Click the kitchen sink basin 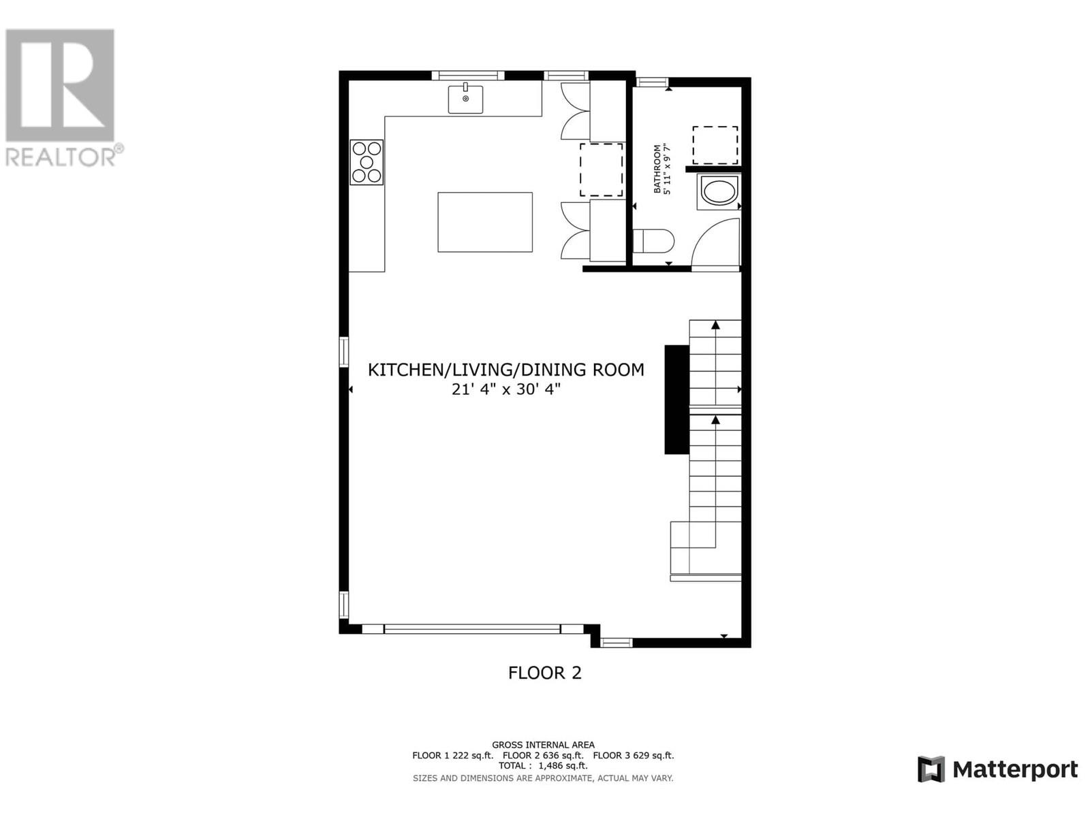pos(465,99)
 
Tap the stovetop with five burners pos(367,162)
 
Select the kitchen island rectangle pos(484,222)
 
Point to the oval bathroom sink pos(719,191)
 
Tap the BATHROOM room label pos(657,169)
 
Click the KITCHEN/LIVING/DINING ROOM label pos(506,370)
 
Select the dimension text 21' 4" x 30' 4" pos(506,389)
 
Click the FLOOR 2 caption pos(544,673)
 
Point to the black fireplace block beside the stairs pos(677,400)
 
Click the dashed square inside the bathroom pos(715,145)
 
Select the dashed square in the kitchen pos(601,170)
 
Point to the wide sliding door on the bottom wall pos(472,629)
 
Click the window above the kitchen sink pos(468,76)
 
